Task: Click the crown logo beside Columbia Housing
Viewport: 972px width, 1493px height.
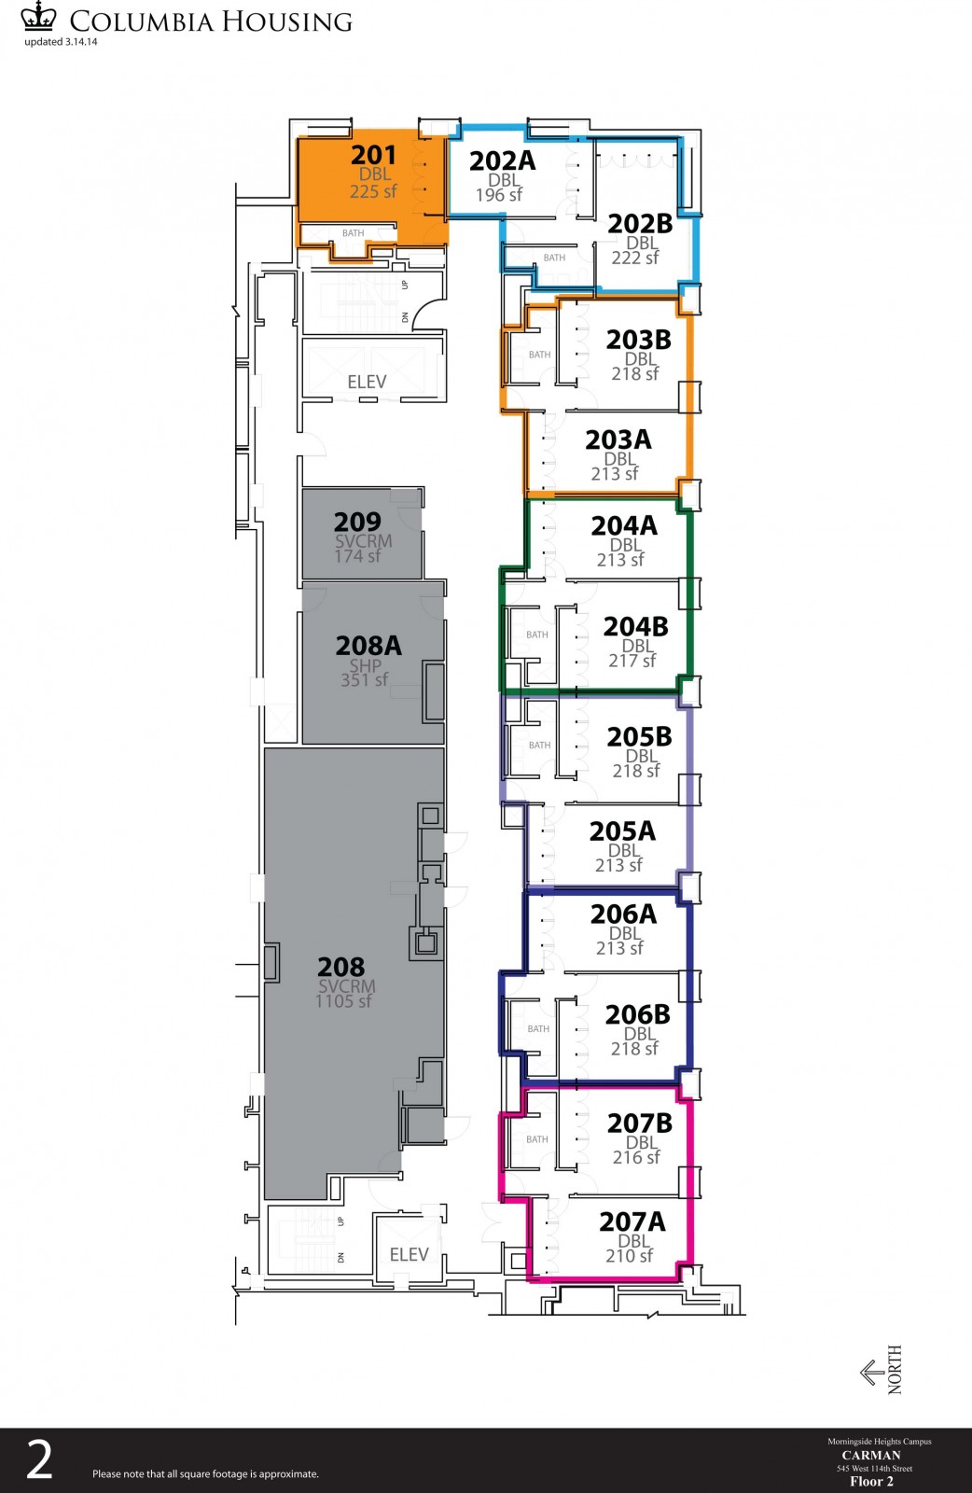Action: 38,16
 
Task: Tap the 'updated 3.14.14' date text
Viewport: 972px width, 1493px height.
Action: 61,42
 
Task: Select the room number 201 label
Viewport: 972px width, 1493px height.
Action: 373,155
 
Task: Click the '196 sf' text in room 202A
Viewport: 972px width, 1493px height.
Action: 498,195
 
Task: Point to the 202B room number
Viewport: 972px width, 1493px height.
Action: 640,224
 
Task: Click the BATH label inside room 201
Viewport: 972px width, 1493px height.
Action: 354,233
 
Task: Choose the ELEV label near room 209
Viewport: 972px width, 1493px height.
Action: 367,382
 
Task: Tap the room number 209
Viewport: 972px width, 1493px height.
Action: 357,522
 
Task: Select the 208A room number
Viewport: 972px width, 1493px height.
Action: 368,646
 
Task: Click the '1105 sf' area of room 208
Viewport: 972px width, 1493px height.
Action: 343,1001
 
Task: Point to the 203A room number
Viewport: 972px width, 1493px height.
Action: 618,440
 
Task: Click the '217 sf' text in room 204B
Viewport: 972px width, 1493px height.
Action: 632,661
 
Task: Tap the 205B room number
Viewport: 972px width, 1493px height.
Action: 640,737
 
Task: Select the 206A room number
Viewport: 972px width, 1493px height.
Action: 623,914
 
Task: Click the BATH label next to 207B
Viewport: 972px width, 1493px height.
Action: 537,1139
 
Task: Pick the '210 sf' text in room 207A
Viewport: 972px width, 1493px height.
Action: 629,1256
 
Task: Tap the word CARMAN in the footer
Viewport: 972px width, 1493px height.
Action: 871,1455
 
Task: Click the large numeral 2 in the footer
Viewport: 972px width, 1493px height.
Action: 39,1460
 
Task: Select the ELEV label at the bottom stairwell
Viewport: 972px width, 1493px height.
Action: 410,1255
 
